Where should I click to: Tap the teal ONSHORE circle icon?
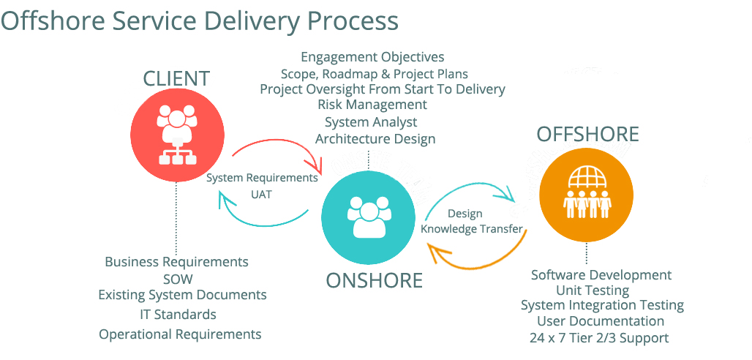(366, 217)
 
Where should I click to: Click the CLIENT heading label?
(176, 79)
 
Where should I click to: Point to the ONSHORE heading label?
(375, 280)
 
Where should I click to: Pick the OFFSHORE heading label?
(587, 135)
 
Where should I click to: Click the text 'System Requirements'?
(262, 178)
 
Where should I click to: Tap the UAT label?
(261, 195)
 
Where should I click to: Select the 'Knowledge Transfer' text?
(472, 229)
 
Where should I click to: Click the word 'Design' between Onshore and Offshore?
(465, 214)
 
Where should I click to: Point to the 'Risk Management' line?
(372, 105)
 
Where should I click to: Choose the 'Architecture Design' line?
(375, 139)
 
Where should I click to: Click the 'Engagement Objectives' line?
(372, 57)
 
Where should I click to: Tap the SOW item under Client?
(178, 279)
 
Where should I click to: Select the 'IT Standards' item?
(178, 315)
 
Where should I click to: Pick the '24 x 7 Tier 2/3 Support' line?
(599, 338)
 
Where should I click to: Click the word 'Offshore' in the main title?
(52, 20)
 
